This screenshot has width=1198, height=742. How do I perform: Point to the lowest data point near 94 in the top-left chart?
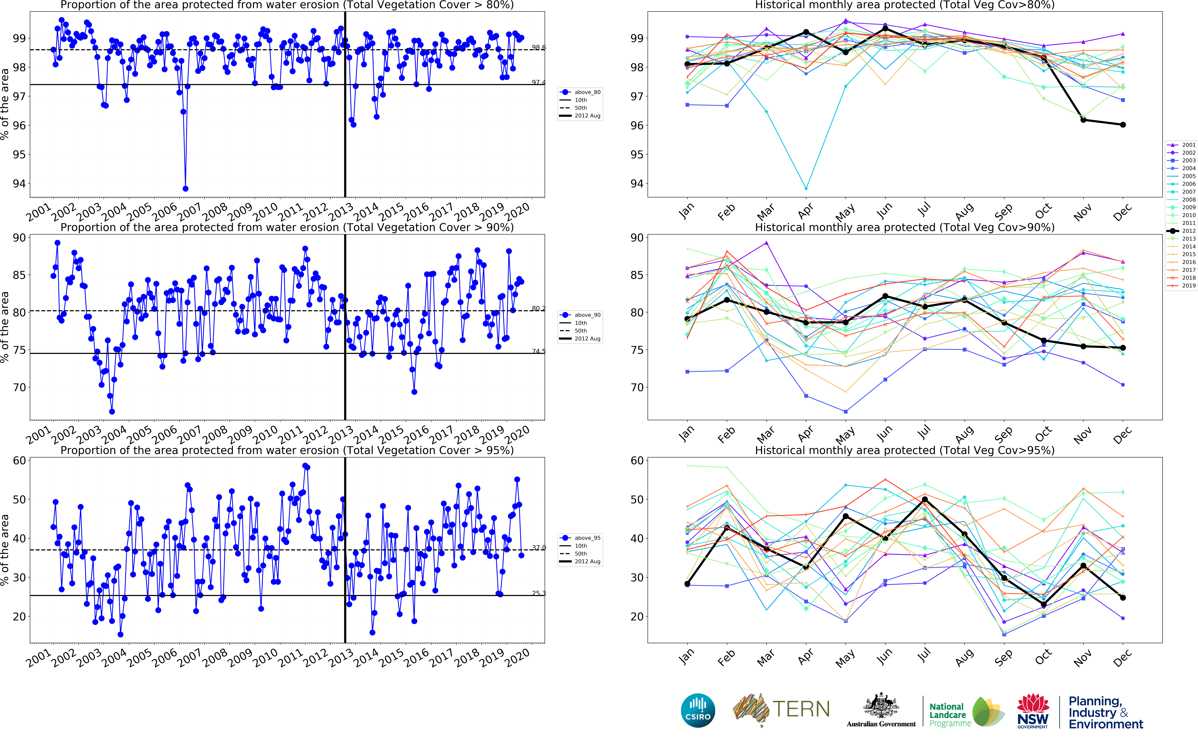tap(185, 188)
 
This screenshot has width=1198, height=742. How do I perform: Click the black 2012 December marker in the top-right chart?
tap(1122, 125)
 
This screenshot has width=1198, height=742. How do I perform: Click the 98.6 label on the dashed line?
tap(538, 48)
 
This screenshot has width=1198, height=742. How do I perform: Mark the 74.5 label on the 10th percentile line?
tap(538, 351)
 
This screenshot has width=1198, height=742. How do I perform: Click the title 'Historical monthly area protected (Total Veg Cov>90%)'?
tap(905, 227)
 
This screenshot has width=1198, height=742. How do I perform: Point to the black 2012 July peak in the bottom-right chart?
tap(925, 500)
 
